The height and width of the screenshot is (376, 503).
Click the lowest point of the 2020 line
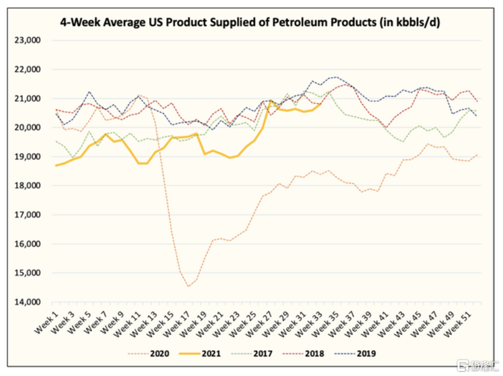pyautogui.click(x=188, y=286)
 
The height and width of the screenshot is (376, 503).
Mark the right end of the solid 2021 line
pyautogui.click(x=320, y=104)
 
